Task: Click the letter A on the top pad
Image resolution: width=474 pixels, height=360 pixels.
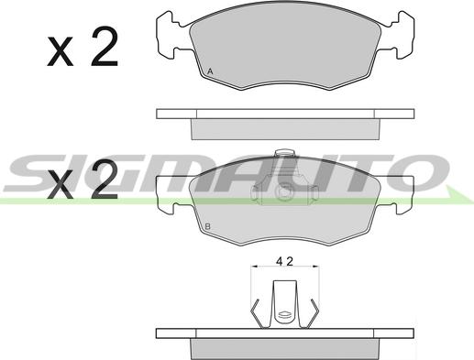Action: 210,71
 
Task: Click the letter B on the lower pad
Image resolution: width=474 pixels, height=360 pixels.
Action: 208,226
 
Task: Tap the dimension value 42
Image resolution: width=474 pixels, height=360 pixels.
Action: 284,261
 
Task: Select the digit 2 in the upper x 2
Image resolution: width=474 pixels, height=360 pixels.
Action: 105,47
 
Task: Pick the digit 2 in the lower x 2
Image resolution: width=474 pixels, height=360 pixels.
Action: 105,180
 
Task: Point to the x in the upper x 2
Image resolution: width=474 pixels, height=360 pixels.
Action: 61,51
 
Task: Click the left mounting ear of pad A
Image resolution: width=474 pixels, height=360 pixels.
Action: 172,35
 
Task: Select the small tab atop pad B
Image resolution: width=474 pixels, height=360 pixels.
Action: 284,153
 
